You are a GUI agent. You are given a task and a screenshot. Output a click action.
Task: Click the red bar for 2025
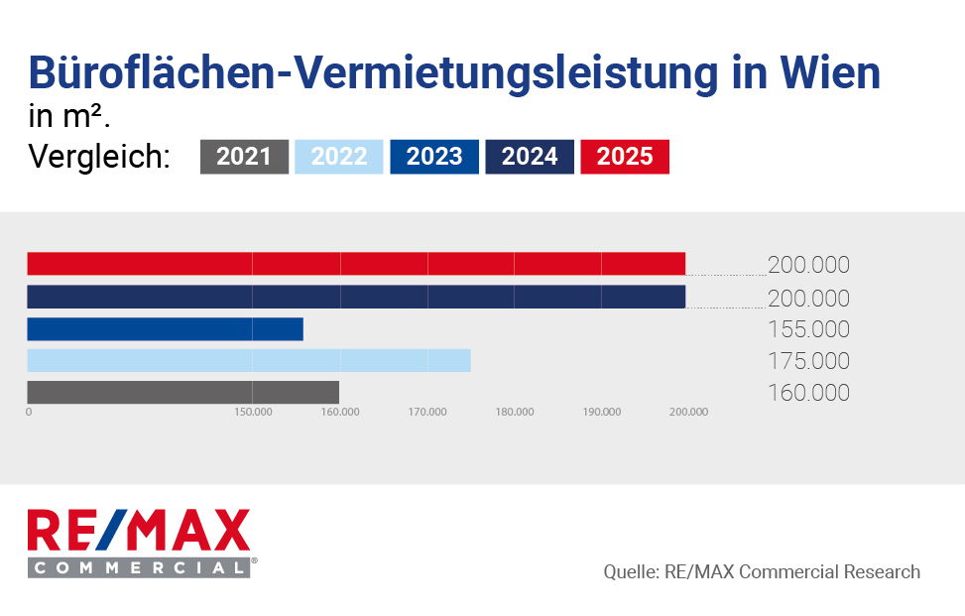[x=356, y=264]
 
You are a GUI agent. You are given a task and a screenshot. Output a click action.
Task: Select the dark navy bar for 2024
[x=356, y=297]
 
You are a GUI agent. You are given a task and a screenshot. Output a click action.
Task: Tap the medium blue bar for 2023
[x=165, y=329]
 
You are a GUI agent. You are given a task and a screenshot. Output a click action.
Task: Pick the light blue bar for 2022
[x=248, y=360]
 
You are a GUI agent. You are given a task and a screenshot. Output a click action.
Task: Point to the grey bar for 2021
[x=182, y=392]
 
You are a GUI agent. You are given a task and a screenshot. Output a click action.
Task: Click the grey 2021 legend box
[x=244, y=157]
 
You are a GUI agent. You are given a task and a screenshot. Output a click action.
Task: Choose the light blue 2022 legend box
[x=339, y=157]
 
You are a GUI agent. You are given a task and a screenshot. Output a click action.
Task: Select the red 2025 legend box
[x=625, y=157]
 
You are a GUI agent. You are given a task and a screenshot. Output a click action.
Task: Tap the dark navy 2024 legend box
[x=530, y=157]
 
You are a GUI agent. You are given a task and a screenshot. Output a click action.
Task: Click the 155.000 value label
[x=808, y=329]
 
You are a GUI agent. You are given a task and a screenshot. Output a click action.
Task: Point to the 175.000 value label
[x=808, y=361]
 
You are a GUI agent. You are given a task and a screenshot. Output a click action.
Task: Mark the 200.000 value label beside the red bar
[x=808, y=265]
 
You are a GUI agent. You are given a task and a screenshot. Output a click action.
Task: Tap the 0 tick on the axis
[x=29, y=412]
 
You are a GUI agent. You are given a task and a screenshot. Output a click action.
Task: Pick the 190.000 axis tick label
[x=601, y=412]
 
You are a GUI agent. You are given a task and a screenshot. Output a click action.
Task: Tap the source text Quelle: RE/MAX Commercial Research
[x=762, y=572]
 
